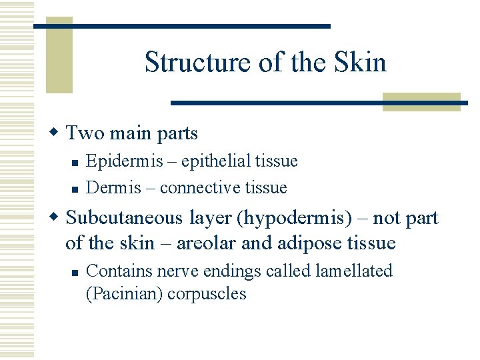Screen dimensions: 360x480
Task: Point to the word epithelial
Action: (x=204, y=161)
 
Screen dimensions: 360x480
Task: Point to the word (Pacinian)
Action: (x=125, y=294)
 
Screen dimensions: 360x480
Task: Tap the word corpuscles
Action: (x=207, y=294)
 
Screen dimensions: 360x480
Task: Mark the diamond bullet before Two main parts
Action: (x=57, y=133)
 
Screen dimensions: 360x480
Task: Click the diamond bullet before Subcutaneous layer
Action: (x=57, y=218)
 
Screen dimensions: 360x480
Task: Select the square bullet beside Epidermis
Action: (x=76, y=162)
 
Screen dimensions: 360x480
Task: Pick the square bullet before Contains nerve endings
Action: (x=76, y=272)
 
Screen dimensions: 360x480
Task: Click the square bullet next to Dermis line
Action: (x=76, y=189)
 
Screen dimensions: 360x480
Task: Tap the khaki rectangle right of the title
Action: (x=421, y=101)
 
